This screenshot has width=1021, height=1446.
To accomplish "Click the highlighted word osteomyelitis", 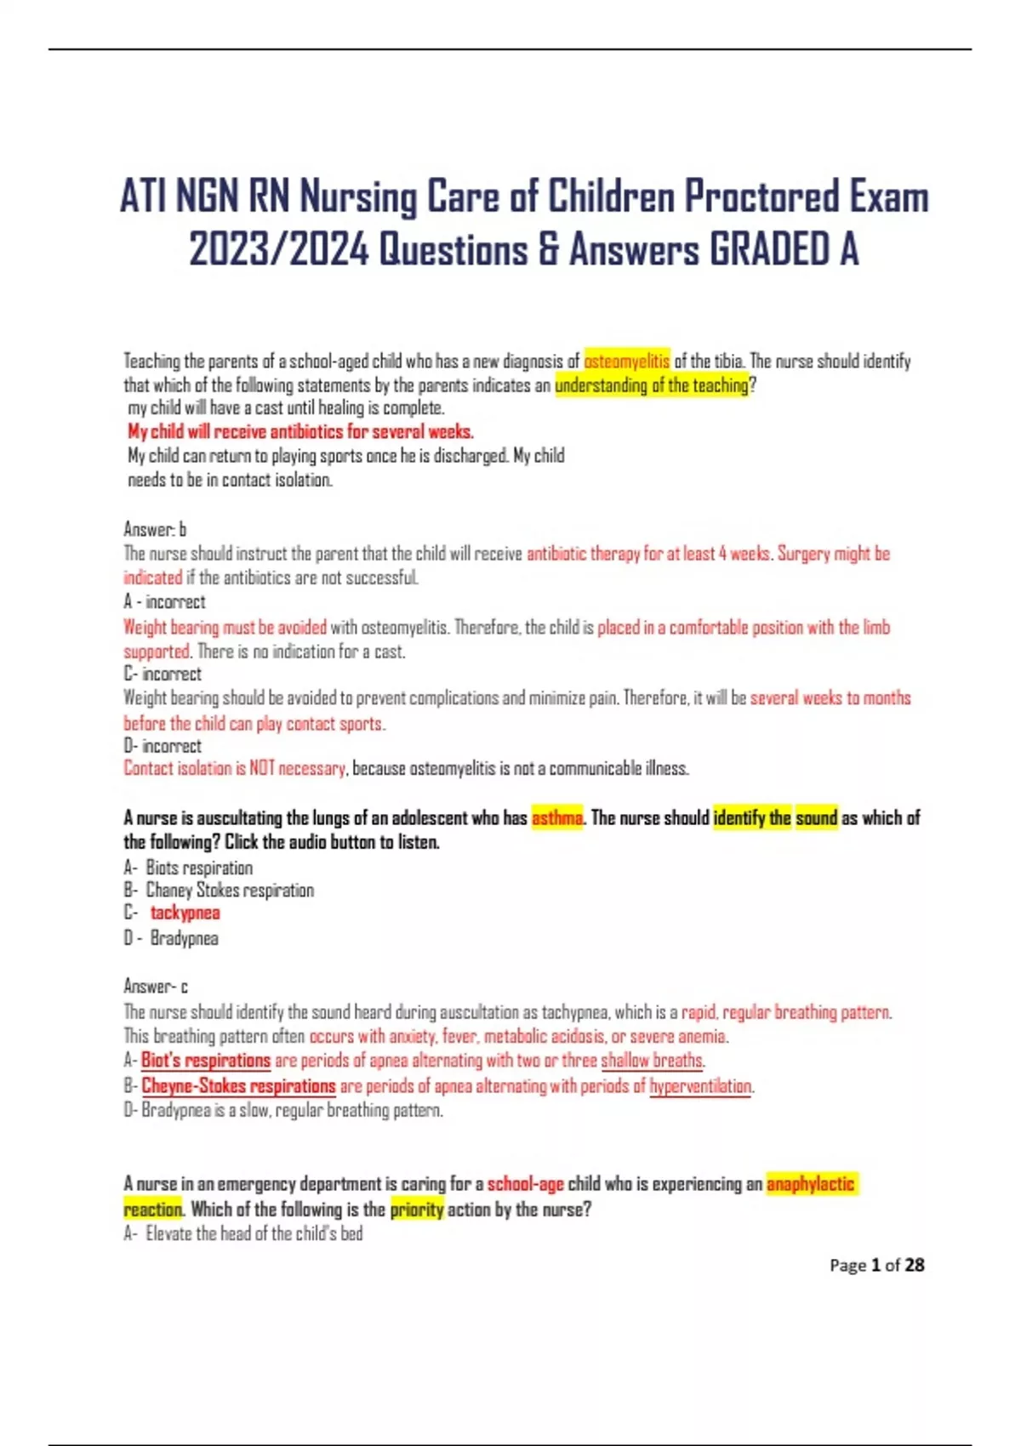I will [626, 361].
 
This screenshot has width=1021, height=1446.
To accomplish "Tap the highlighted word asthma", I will [557, 818].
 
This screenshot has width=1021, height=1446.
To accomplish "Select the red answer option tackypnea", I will [185, 914].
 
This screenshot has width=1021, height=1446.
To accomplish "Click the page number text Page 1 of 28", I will [876, 1265].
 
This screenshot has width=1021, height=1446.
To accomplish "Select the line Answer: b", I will [155, 529].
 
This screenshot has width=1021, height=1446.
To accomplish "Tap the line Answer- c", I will [156, 987].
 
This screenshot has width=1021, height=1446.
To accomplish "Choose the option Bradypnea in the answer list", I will [184, 938].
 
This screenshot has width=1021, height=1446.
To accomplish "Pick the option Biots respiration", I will [199, 868].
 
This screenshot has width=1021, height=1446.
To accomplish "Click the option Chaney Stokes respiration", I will [230, 891].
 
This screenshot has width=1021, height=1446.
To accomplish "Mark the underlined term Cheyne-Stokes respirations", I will [238, 1086].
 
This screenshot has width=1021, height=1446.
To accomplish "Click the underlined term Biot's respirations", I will [206, 1061].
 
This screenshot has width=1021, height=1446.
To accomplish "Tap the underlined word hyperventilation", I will [700, 1086].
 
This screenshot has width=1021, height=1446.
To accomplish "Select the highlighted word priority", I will [417, 1210].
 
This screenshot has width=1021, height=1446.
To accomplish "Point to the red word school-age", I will [525, 1184].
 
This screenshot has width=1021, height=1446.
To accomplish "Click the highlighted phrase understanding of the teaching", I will [652, 385].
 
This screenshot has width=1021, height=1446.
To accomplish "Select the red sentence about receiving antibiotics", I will [300, 431].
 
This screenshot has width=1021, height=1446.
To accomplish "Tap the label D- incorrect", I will [163, 746].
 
